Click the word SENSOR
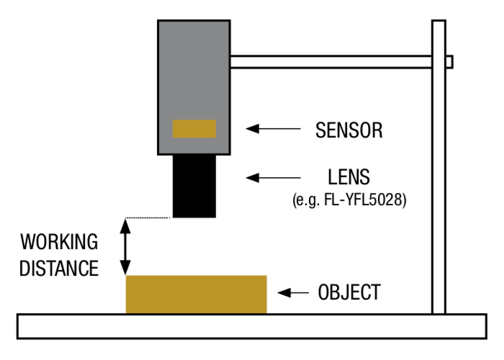(x=349, y=130)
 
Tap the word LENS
(x=348, y=177)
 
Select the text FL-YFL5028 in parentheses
(x=363, y=199)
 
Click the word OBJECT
(x=349, y=292)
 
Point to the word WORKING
(x=59, y=242)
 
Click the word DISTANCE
(x=59, y=269)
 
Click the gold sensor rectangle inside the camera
(x=194, y=129)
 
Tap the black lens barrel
(x=194, y=186)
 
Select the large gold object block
(x=196, y=294)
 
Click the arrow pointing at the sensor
(x=273, y=129)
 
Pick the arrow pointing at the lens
(x=273, y=177)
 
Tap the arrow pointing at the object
(x=293, y=292)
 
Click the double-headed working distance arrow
(x=125, y=246)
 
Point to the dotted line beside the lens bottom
(x=148, y=218)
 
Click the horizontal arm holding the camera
(x=331, y=62)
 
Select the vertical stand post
(x=438, y=167)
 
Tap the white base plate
(x=252, y=326)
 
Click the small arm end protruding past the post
(x=449, y=62)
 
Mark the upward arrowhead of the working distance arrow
(x=125, y=225)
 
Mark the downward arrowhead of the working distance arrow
(x=125, y=268)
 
